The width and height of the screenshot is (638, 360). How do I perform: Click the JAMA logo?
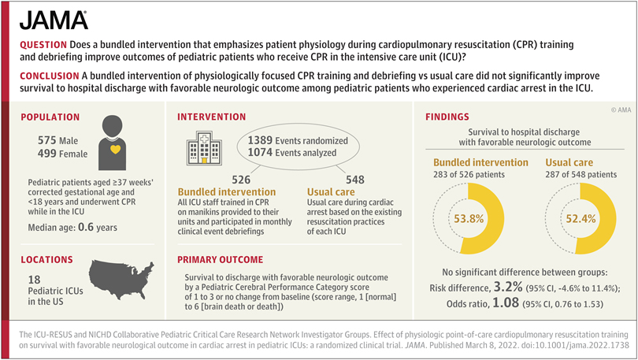point(54,20)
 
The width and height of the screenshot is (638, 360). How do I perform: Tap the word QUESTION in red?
point(43,45)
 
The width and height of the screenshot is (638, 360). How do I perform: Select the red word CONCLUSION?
point(50,76)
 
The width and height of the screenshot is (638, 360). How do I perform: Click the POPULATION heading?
point(50,117)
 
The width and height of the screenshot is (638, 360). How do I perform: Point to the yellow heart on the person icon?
point(115,150)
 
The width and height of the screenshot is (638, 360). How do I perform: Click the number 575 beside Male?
point(46,140)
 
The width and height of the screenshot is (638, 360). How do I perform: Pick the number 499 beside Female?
point(46,154)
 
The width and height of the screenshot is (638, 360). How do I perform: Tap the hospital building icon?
point(204,147)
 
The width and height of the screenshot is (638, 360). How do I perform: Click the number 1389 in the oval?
point(260,140)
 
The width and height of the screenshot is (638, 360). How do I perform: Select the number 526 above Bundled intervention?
point(241,180)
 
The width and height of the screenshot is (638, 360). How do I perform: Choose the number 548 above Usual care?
point(355,180)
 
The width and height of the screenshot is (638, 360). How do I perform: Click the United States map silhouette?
point(121,280)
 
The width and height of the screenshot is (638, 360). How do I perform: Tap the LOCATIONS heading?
point(46,259)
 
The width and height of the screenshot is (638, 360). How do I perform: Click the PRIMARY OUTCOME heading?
point(220,259)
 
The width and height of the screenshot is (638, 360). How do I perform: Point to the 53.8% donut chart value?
point(469,219)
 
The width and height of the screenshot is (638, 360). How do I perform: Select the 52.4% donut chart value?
point(581,219)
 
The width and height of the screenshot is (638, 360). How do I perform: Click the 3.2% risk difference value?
point(508,287)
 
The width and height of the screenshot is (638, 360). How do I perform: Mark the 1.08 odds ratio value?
point(506,302)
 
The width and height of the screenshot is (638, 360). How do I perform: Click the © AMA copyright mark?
point(621,109)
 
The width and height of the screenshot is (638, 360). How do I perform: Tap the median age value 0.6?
point(85,227)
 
